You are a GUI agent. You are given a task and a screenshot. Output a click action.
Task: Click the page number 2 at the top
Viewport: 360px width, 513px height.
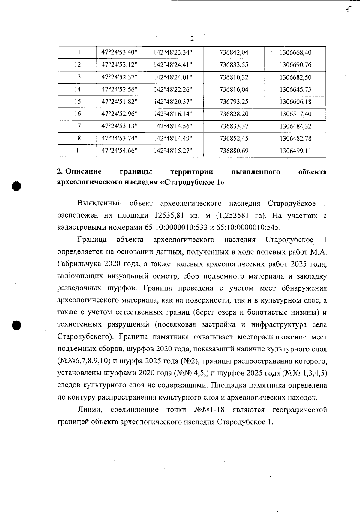click(192, 39)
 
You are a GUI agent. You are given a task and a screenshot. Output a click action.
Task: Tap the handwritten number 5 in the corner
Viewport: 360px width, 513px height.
click(348, 9)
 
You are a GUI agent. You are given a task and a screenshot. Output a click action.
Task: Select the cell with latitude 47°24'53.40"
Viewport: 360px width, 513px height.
click(119, 52)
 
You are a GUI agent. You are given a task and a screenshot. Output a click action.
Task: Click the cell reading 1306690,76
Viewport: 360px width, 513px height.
click(295, 65)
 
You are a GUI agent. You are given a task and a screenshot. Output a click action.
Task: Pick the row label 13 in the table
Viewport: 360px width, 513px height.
click(77, 77)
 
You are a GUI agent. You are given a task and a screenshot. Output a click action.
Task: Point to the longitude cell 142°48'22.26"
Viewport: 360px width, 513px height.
click(173, 89)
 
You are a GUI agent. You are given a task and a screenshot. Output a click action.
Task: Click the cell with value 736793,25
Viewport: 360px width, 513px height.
click(234, 102)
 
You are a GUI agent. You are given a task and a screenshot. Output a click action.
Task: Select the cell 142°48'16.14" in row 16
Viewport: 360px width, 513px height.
click(173, 114)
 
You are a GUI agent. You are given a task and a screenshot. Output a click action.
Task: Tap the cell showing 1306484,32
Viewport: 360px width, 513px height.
click(295, 126)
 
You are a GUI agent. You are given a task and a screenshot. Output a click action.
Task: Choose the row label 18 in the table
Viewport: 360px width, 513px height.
click(77, 138)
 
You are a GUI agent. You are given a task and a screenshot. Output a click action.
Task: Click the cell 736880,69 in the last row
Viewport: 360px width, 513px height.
click(234, 151)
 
